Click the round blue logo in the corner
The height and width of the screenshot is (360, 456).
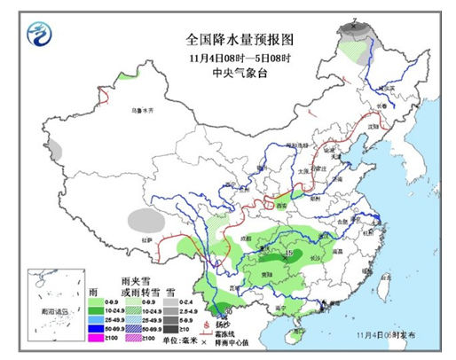point(40,36)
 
